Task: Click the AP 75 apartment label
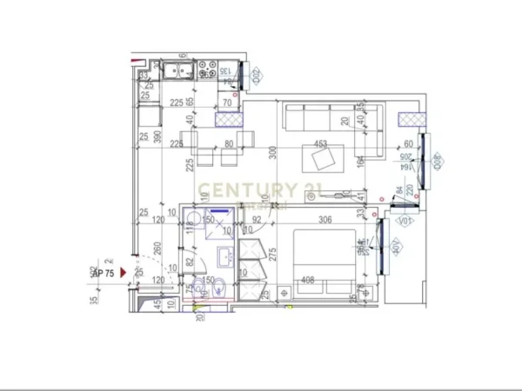104,272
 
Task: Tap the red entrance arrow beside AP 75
124,272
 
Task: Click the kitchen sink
177,72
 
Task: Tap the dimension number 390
157,138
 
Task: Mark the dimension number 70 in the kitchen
228,103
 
